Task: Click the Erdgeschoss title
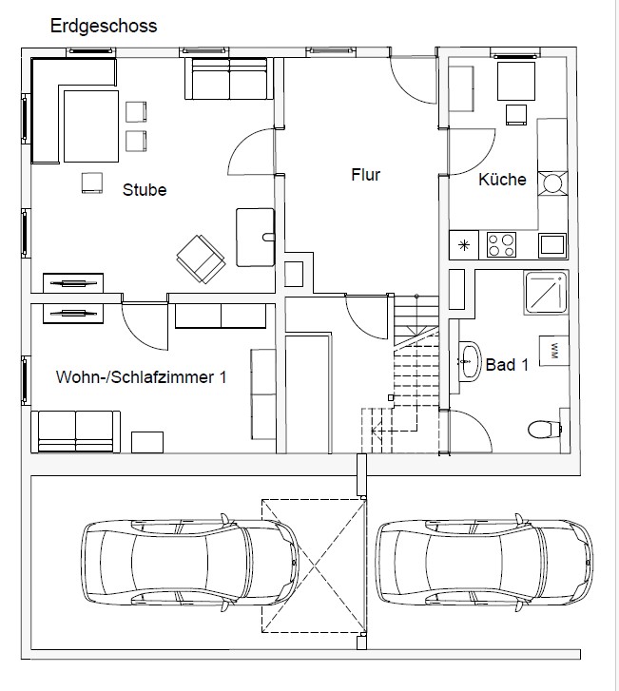[x=104, y=27]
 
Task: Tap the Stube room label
[x=145, y=190]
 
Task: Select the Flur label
[x=365, y=175]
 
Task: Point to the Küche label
[x=503, y=179]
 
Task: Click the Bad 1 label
[x=507, y=365]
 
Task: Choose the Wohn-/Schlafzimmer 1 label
[x=141, y=377]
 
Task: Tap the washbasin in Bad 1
[x=470, y=361]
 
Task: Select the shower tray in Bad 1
[x=546, y=292]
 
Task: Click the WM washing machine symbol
[x=553, y=351]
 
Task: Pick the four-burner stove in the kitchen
[x=501, y=245]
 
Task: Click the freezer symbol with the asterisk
[x=464, y=245]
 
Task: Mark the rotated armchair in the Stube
[x=201, y=259]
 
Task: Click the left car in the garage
[x=189, y=563]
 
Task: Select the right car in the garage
[x=484, y=563]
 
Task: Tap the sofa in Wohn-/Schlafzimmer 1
[x=75, y=432]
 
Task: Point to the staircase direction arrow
[x=394, y=429]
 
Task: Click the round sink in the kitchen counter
[x=552, y=183]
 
